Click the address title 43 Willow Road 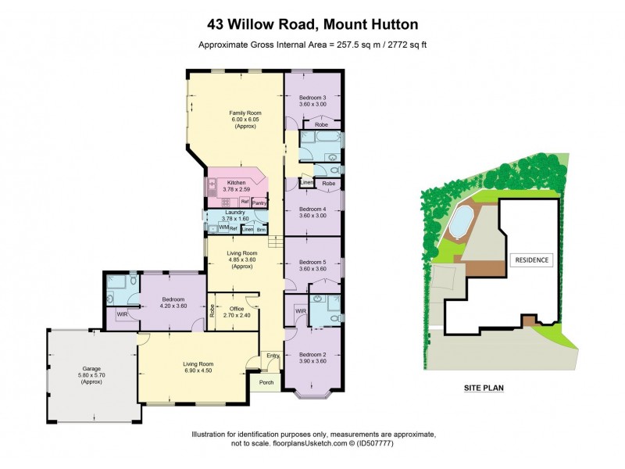tap(312, 24)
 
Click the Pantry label tap(259, 203)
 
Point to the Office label tap(236, 311)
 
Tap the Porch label tap(265, 383)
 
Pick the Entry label tap(272, 356)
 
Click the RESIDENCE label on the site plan tap(530, 260)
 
